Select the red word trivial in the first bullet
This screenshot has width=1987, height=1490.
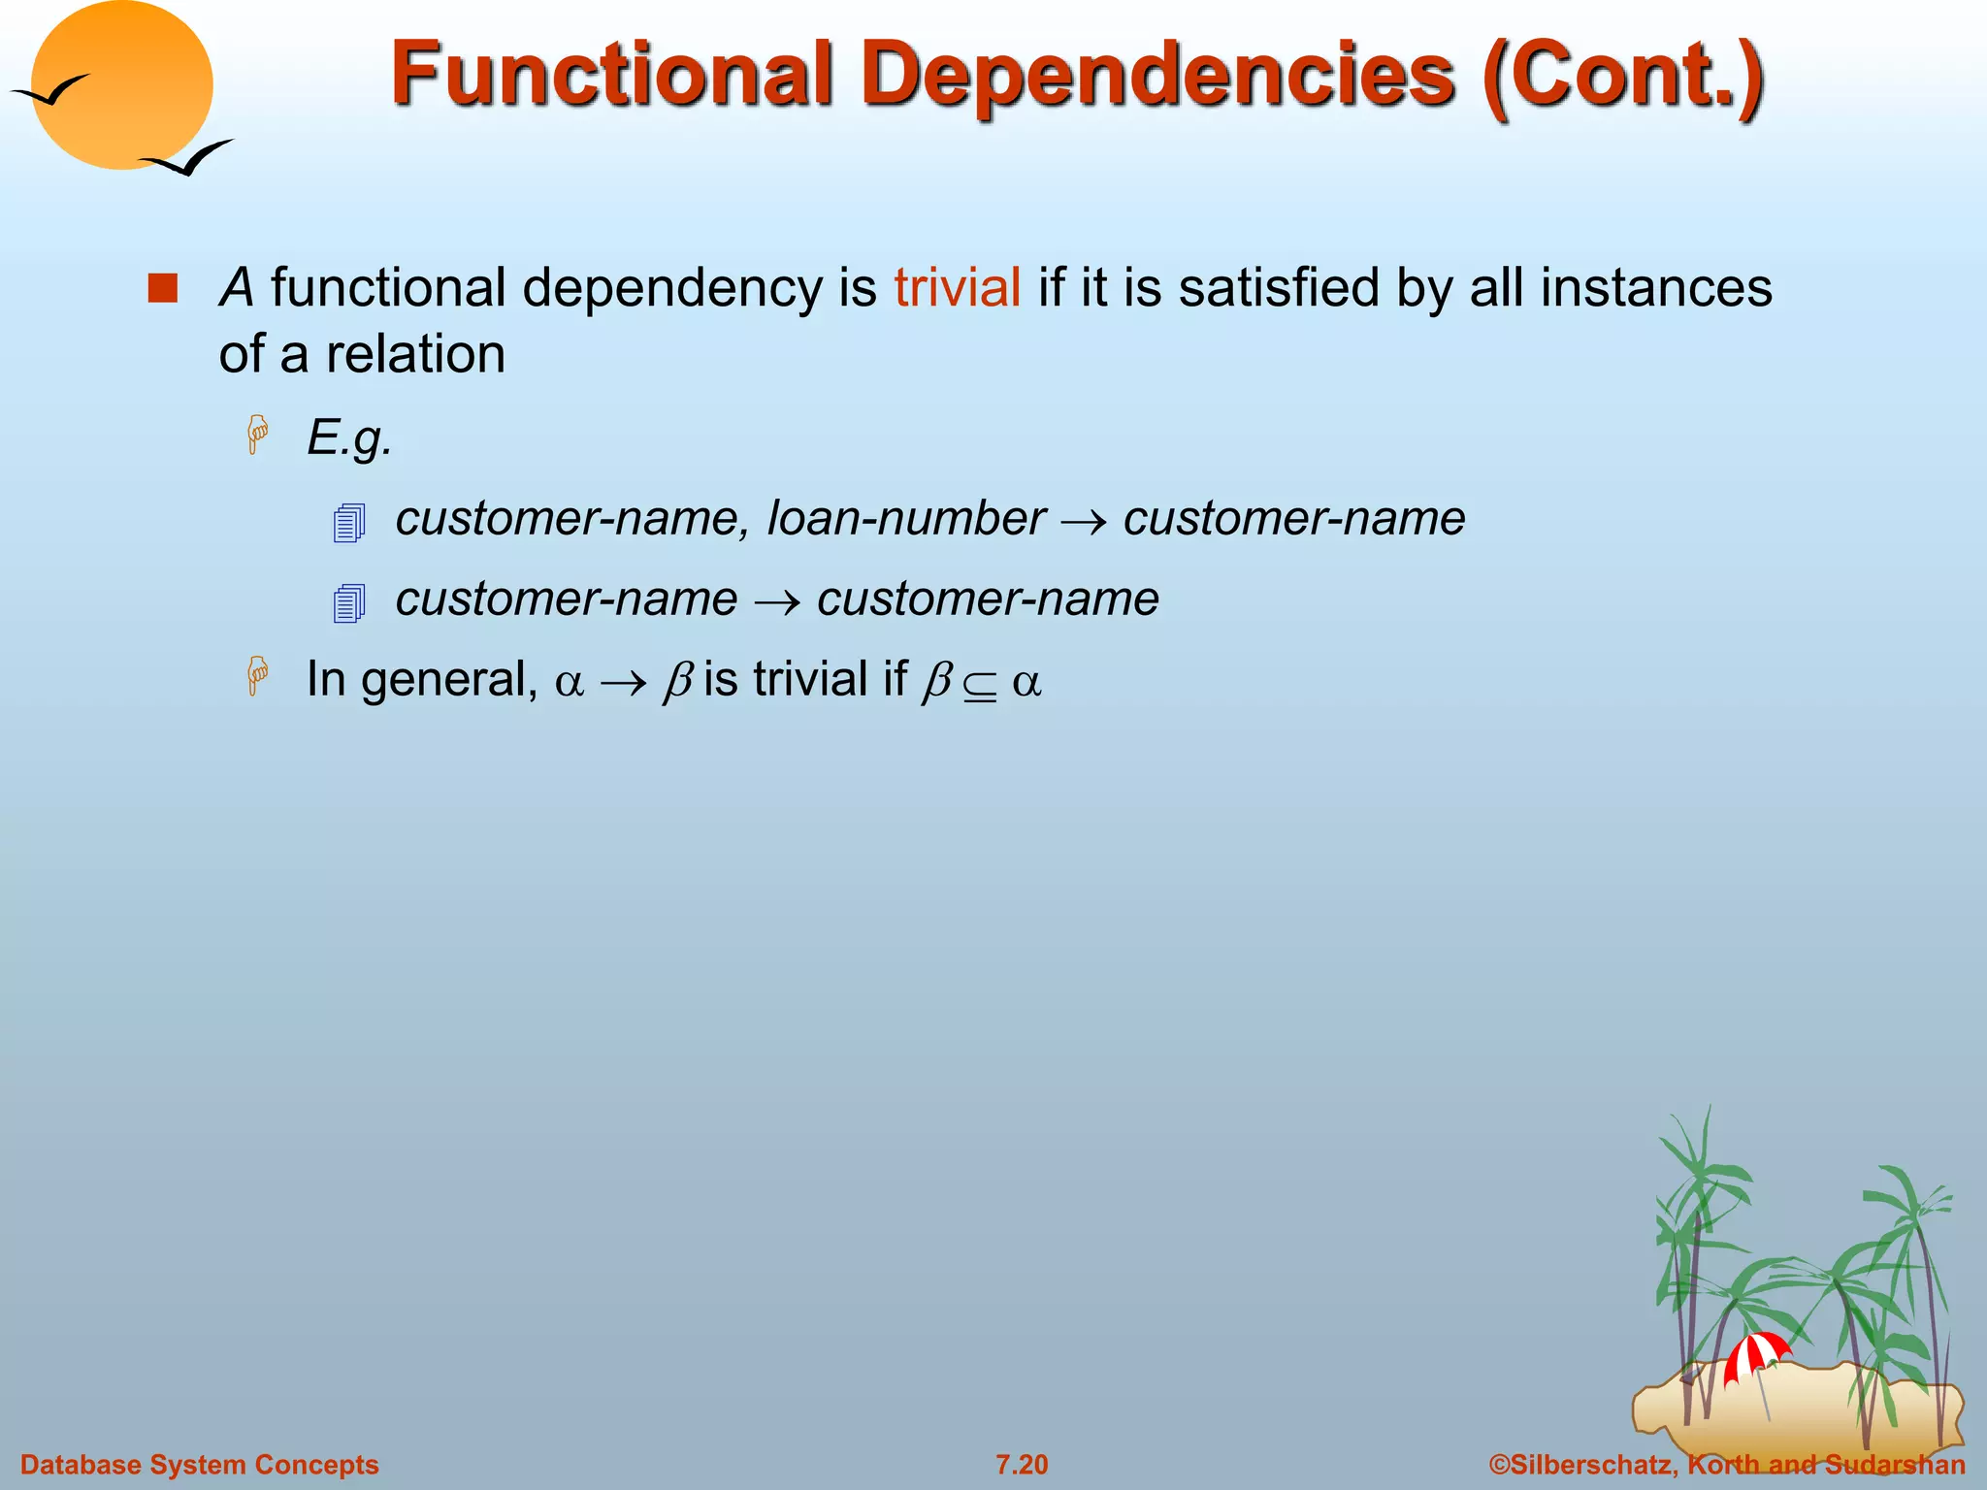tap(957, 288)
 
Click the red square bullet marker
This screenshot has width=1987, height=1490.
tap(163, 288)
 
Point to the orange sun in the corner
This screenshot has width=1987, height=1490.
tap(121, 85)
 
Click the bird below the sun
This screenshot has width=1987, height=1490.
tap(189, 158)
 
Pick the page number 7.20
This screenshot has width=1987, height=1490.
tap(1022, 1465)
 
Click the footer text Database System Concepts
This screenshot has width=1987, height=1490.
tap(200, 1465)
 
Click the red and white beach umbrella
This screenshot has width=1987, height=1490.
tap(1754, 1353)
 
